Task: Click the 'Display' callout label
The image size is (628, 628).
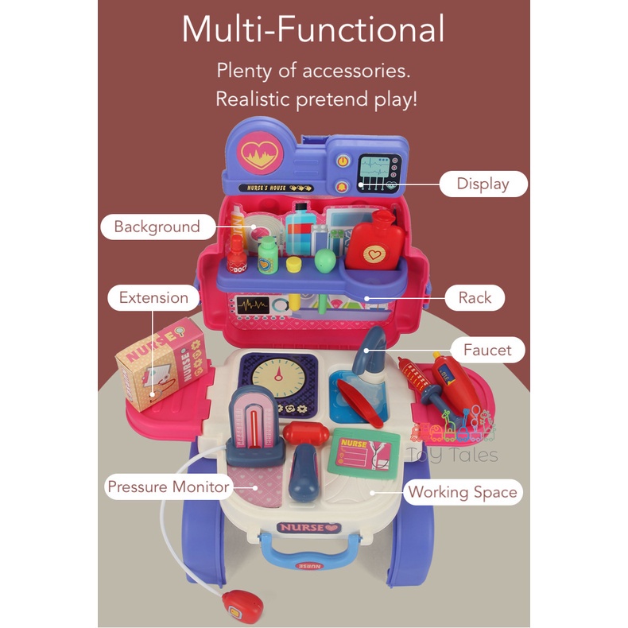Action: pos(483,184)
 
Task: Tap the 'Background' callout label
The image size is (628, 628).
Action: pos(157,227)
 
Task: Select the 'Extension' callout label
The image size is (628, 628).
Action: pos(153,298)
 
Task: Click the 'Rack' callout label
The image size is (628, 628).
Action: pos(475,298)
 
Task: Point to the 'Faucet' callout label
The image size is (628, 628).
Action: pos(488,350)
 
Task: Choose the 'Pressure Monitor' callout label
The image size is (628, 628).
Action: pos(169,487)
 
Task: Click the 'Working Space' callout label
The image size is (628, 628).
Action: pos(462,492)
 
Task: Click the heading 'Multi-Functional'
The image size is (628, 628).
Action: pos(312,30)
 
